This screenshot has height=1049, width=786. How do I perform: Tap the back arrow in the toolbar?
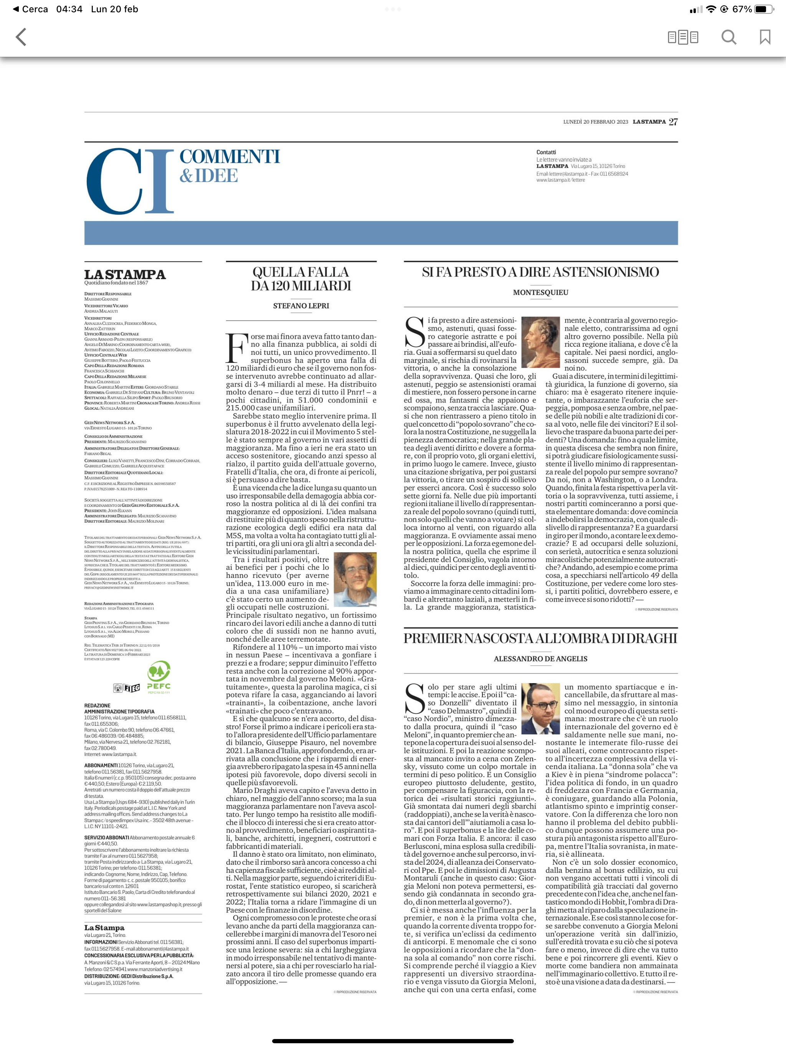pos(21,37)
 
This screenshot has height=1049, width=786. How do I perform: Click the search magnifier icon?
pos(729,37)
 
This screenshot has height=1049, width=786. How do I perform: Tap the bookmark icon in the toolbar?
pos(765,37)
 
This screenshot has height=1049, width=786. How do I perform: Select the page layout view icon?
pos(683,37)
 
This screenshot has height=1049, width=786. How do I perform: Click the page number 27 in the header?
pos(673,122)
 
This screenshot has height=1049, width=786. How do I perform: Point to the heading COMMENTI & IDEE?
pos(230,166)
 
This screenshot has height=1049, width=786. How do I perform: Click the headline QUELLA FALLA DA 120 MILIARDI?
pos(301,279)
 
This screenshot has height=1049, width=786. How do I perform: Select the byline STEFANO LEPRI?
pos(301,306)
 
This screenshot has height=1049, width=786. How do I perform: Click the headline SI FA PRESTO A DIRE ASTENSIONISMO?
pos(540,272)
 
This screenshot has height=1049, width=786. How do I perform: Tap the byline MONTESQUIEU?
pos(540,293)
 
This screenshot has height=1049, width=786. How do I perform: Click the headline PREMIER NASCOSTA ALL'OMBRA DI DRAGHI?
pos(540,638)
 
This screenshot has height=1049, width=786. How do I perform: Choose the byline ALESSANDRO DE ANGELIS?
pos(540,659)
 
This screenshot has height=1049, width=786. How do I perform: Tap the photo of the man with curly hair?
pos(355,579)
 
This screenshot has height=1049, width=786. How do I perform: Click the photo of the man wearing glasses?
pos(540,708)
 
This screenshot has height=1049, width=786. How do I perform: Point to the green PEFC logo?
pos(159,677)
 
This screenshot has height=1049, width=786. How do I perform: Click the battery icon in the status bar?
pos(764,9)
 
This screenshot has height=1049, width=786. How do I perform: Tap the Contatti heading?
pos(546,152)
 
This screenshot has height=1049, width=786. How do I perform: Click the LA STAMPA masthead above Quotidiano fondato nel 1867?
pos(125,275)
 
